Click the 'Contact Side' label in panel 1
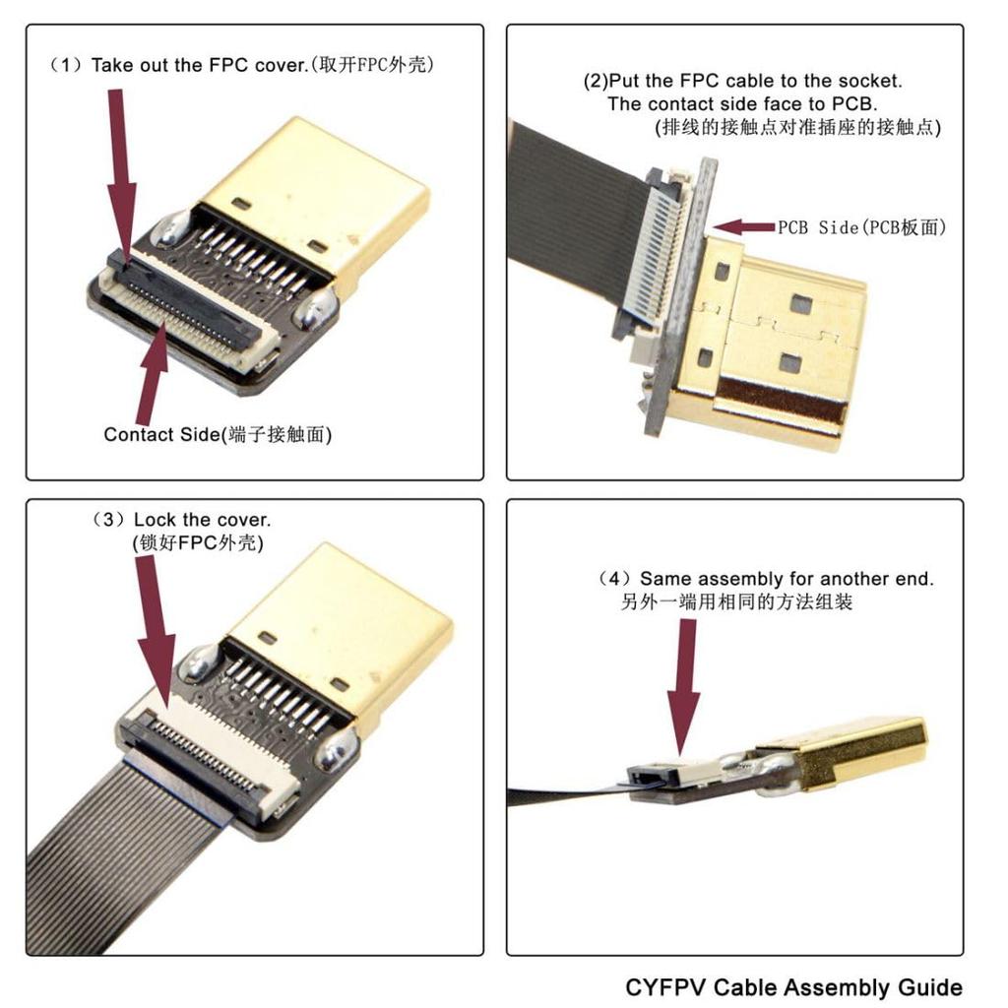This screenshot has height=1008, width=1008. [218, 434]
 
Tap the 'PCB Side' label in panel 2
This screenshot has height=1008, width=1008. [861, 227]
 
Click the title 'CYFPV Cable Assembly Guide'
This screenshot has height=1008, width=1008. [793, 986]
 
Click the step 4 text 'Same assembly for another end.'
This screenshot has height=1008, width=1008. [768, 579]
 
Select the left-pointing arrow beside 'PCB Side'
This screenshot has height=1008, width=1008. [743, 227]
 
